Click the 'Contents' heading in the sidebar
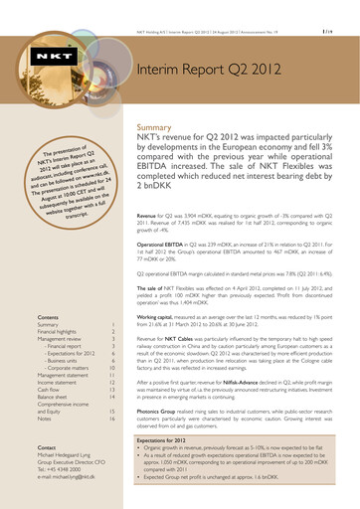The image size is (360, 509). coord(47,341)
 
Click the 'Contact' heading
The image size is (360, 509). coord(46,474)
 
